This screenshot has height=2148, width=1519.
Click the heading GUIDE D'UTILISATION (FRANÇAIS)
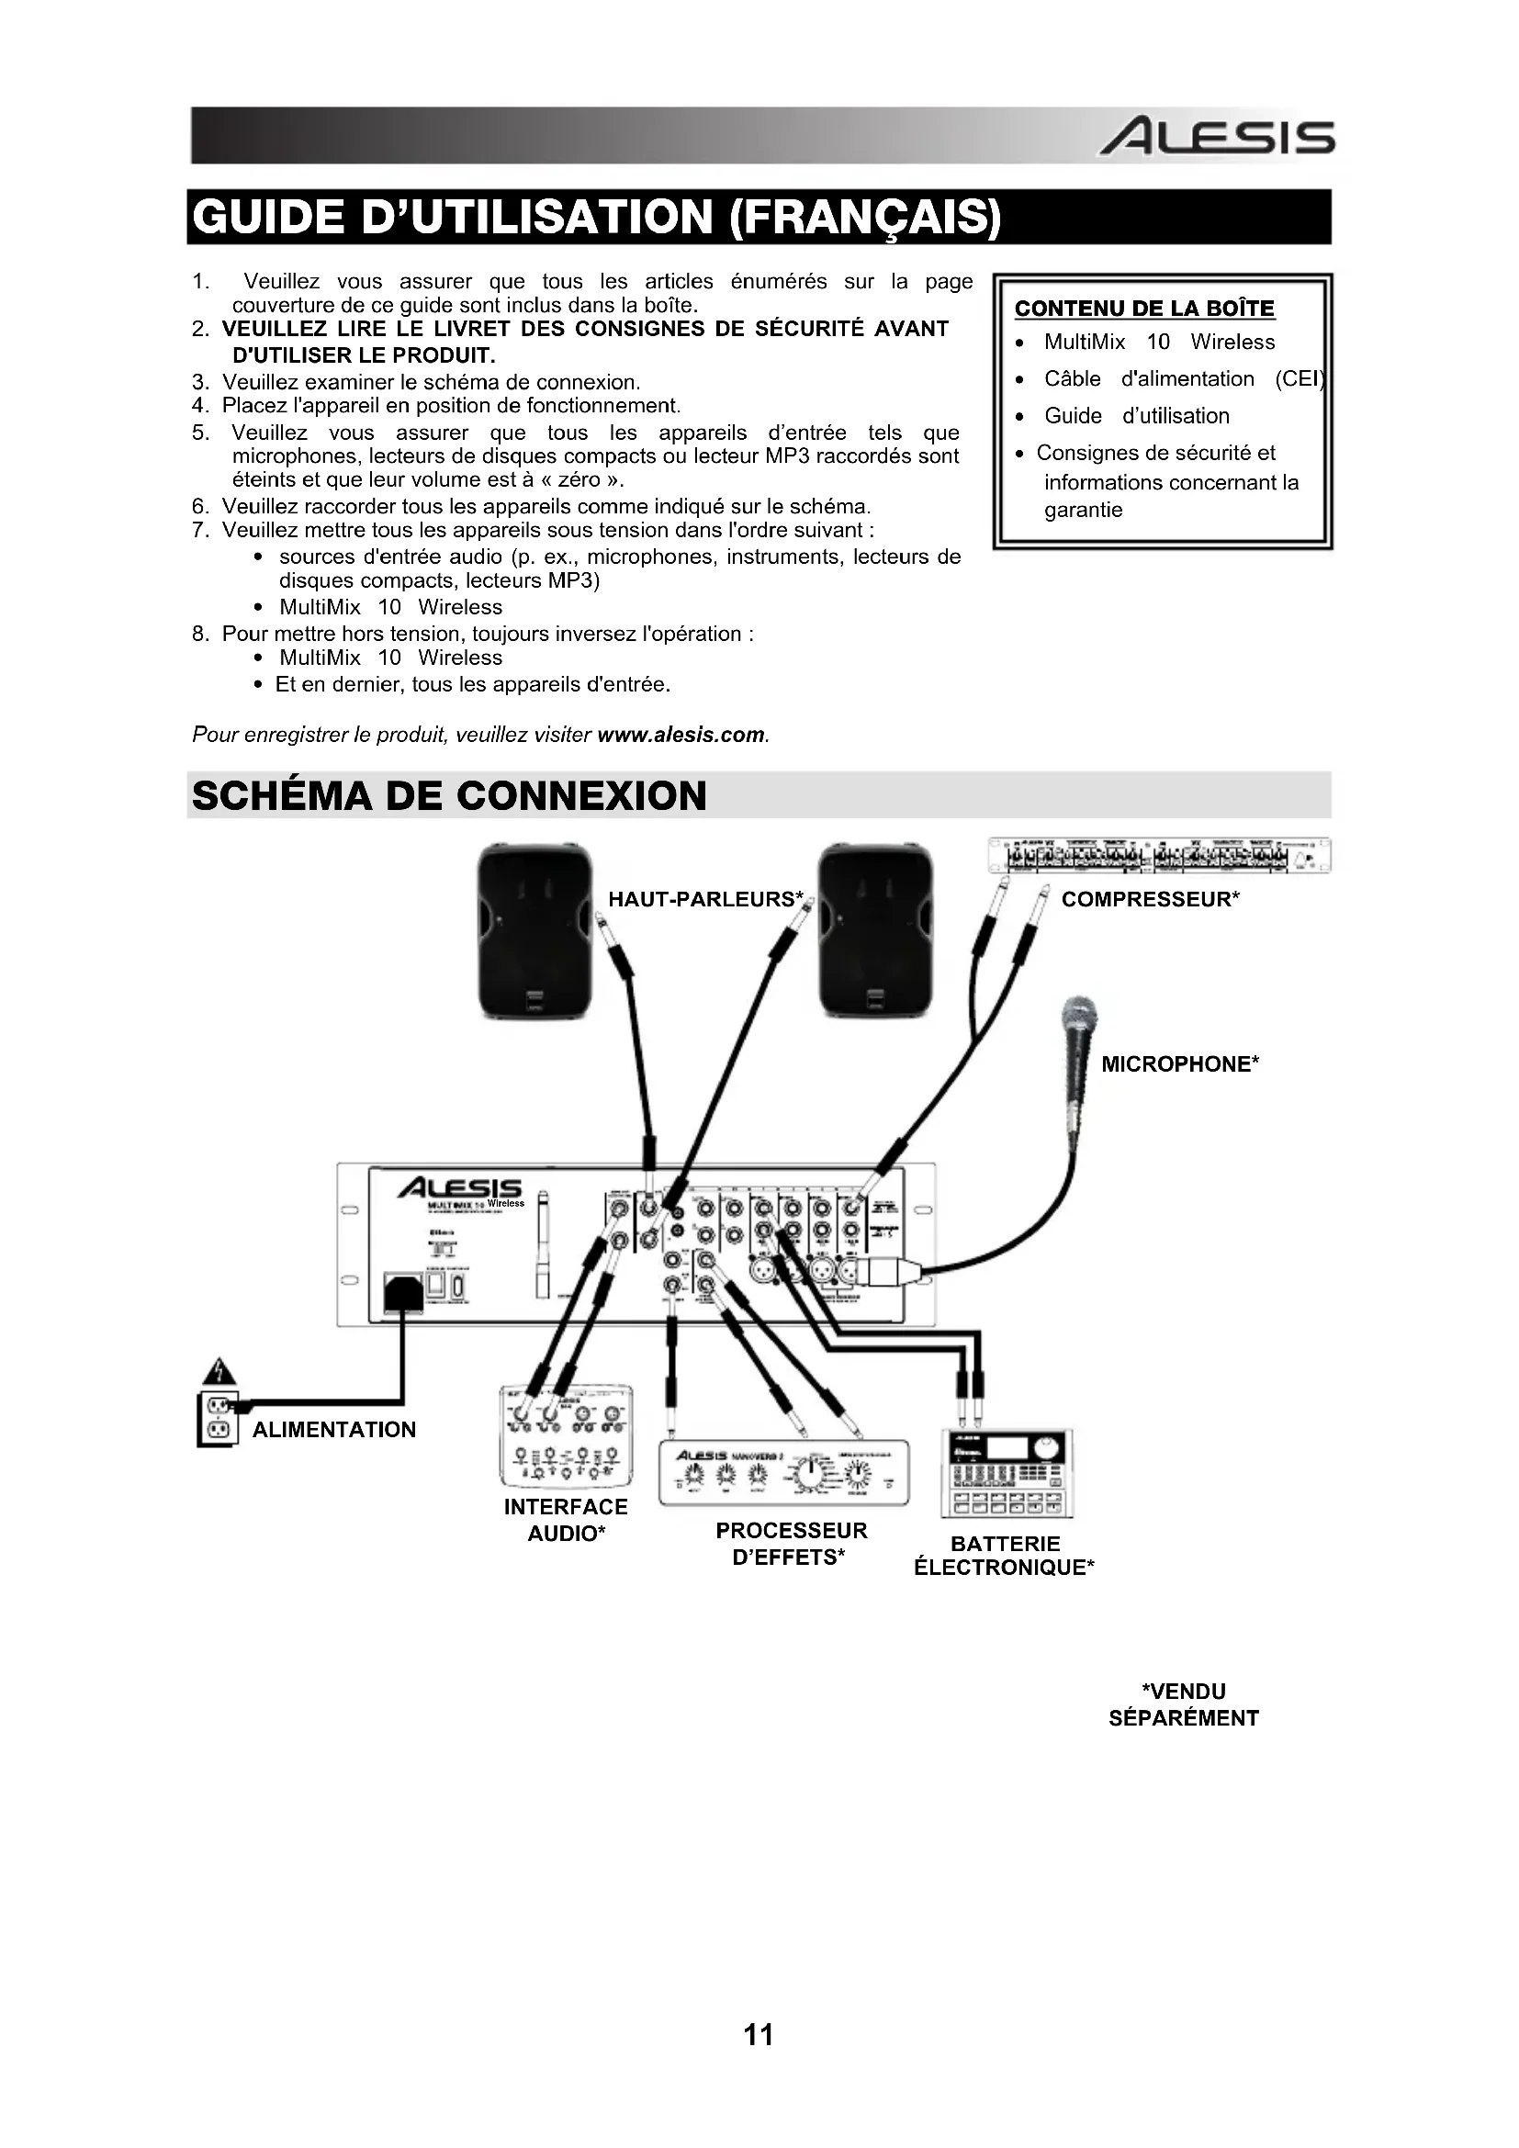click(596, 216)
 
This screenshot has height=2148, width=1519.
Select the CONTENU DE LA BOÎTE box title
click(1144, 309)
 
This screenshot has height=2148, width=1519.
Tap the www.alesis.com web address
click(680, 735)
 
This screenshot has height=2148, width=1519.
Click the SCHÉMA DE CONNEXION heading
click(449, 795)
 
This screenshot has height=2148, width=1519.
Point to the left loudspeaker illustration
click(535, 931)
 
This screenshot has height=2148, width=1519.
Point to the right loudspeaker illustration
click(875, 931)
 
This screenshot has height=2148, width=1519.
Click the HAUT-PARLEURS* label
click(705, 899)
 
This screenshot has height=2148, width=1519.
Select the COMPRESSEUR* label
click(1150, 899)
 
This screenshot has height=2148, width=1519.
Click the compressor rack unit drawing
click(1159, 855)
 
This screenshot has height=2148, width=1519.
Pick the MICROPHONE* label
click(1179, 1063)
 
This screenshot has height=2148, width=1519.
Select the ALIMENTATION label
click(334, 1430)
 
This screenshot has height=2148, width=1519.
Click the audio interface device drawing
click(566, 1435)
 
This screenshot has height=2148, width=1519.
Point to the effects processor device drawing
click(783, 1473)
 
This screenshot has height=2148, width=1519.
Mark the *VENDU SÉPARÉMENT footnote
click(1183, 1704)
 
